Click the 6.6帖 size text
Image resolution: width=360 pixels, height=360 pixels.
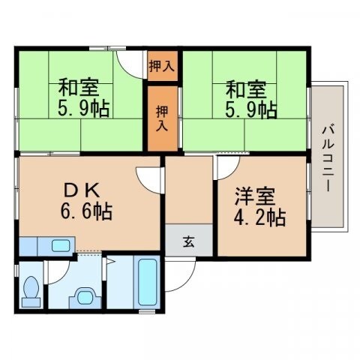tap(86, 211)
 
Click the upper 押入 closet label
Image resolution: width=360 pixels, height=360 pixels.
tap(161, 65)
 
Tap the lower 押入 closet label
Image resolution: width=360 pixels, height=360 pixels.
tap(162, 118)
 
